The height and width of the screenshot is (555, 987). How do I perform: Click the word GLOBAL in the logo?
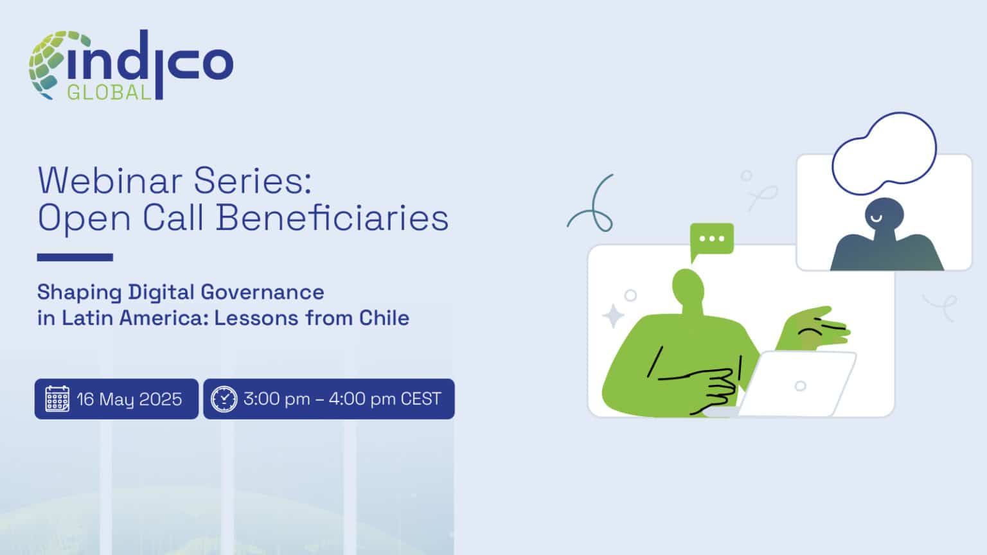(109, 92)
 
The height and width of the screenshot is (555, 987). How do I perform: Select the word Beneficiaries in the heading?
(332, 218)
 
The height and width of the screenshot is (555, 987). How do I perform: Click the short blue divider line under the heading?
(75, 258)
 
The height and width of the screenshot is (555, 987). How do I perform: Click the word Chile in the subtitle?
(384, 318)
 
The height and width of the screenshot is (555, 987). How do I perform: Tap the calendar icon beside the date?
(57, 399)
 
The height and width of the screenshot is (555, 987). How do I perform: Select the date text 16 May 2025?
(129, 399)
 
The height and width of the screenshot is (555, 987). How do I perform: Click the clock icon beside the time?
(224, 399)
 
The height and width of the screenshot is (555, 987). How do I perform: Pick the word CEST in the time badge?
(421, 399)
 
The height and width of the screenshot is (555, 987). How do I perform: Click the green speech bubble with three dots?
(711, 239)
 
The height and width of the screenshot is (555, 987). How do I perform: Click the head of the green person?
(688, 286)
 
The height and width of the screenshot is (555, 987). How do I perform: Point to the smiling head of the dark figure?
(884, 215)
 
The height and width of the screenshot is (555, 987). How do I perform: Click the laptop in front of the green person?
(797, 384)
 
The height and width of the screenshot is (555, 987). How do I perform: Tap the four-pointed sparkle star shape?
(612, 316)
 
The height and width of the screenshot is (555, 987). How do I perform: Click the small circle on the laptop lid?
(800, 386)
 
